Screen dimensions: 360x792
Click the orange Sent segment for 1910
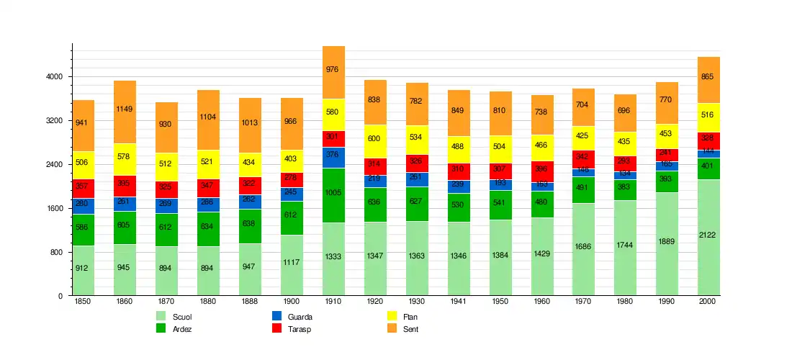coord(333,72)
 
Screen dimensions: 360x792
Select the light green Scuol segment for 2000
coord(708,237)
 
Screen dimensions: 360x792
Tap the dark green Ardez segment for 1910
coord(333,195)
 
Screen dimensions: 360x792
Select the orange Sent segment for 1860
coord(125,112)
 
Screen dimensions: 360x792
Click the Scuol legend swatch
coord(161,316)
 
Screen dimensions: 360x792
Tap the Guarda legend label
coord(300,317)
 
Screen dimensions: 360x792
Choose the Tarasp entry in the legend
coord(300,329)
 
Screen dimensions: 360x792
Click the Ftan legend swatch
coord(392,316)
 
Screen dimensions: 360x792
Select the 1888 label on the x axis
coord(250,302)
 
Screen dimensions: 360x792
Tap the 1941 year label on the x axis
coord(459,302)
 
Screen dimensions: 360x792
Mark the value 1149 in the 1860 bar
coord(125,109)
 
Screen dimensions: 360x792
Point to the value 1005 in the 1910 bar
coord(333,193)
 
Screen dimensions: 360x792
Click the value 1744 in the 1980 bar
coord(625,246)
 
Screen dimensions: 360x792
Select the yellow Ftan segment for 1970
coord(584,135)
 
